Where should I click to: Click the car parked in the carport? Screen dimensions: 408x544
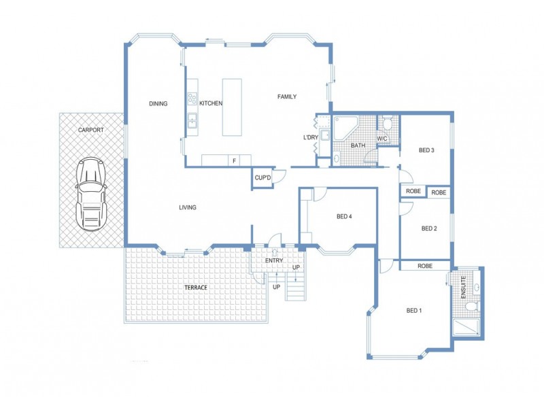(92, 193)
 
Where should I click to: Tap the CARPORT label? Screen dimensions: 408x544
(91, 129)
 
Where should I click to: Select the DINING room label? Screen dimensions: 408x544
(158, 104)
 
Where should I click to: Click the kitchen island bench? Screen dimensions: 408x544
(232, 107)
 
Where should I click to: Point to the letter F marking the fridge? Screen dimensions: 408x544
(234, 160)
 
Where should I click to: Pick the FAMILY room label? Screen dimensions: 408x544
(287, 97)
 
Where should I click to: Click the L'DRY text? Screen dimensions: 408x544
(311, 138)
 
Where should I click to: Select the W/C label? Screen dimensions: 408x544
(381, 139)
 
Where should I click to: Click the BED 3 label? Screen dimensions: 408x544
(426, 150)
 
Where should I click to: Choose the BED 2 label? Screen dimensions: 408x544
(428, 228)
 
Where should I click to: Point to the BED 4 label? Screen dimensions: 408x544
(345, 218)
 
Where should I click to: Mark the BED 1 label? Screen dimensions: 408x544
(414, 311)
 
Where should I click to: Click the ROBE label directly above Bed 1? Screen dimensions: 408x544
(426, 266)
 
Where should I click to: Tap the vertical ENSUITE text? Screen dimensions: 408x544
(462, 287)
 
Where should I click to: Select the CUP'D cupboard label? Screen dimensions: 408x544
(263, 178)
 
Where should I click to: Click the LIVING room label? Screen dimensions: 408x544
(188, 207)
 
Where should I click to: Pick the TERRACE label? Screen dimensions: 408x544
(196, 288)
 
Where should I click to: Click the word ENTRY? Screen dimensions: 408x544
(274, 260)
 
